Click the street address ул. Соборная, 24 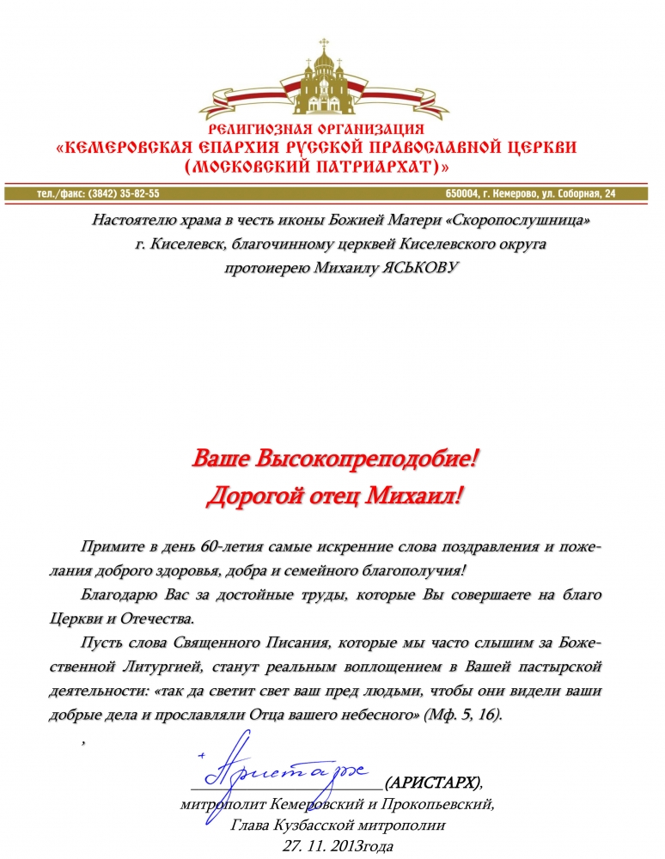[575, 193]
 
